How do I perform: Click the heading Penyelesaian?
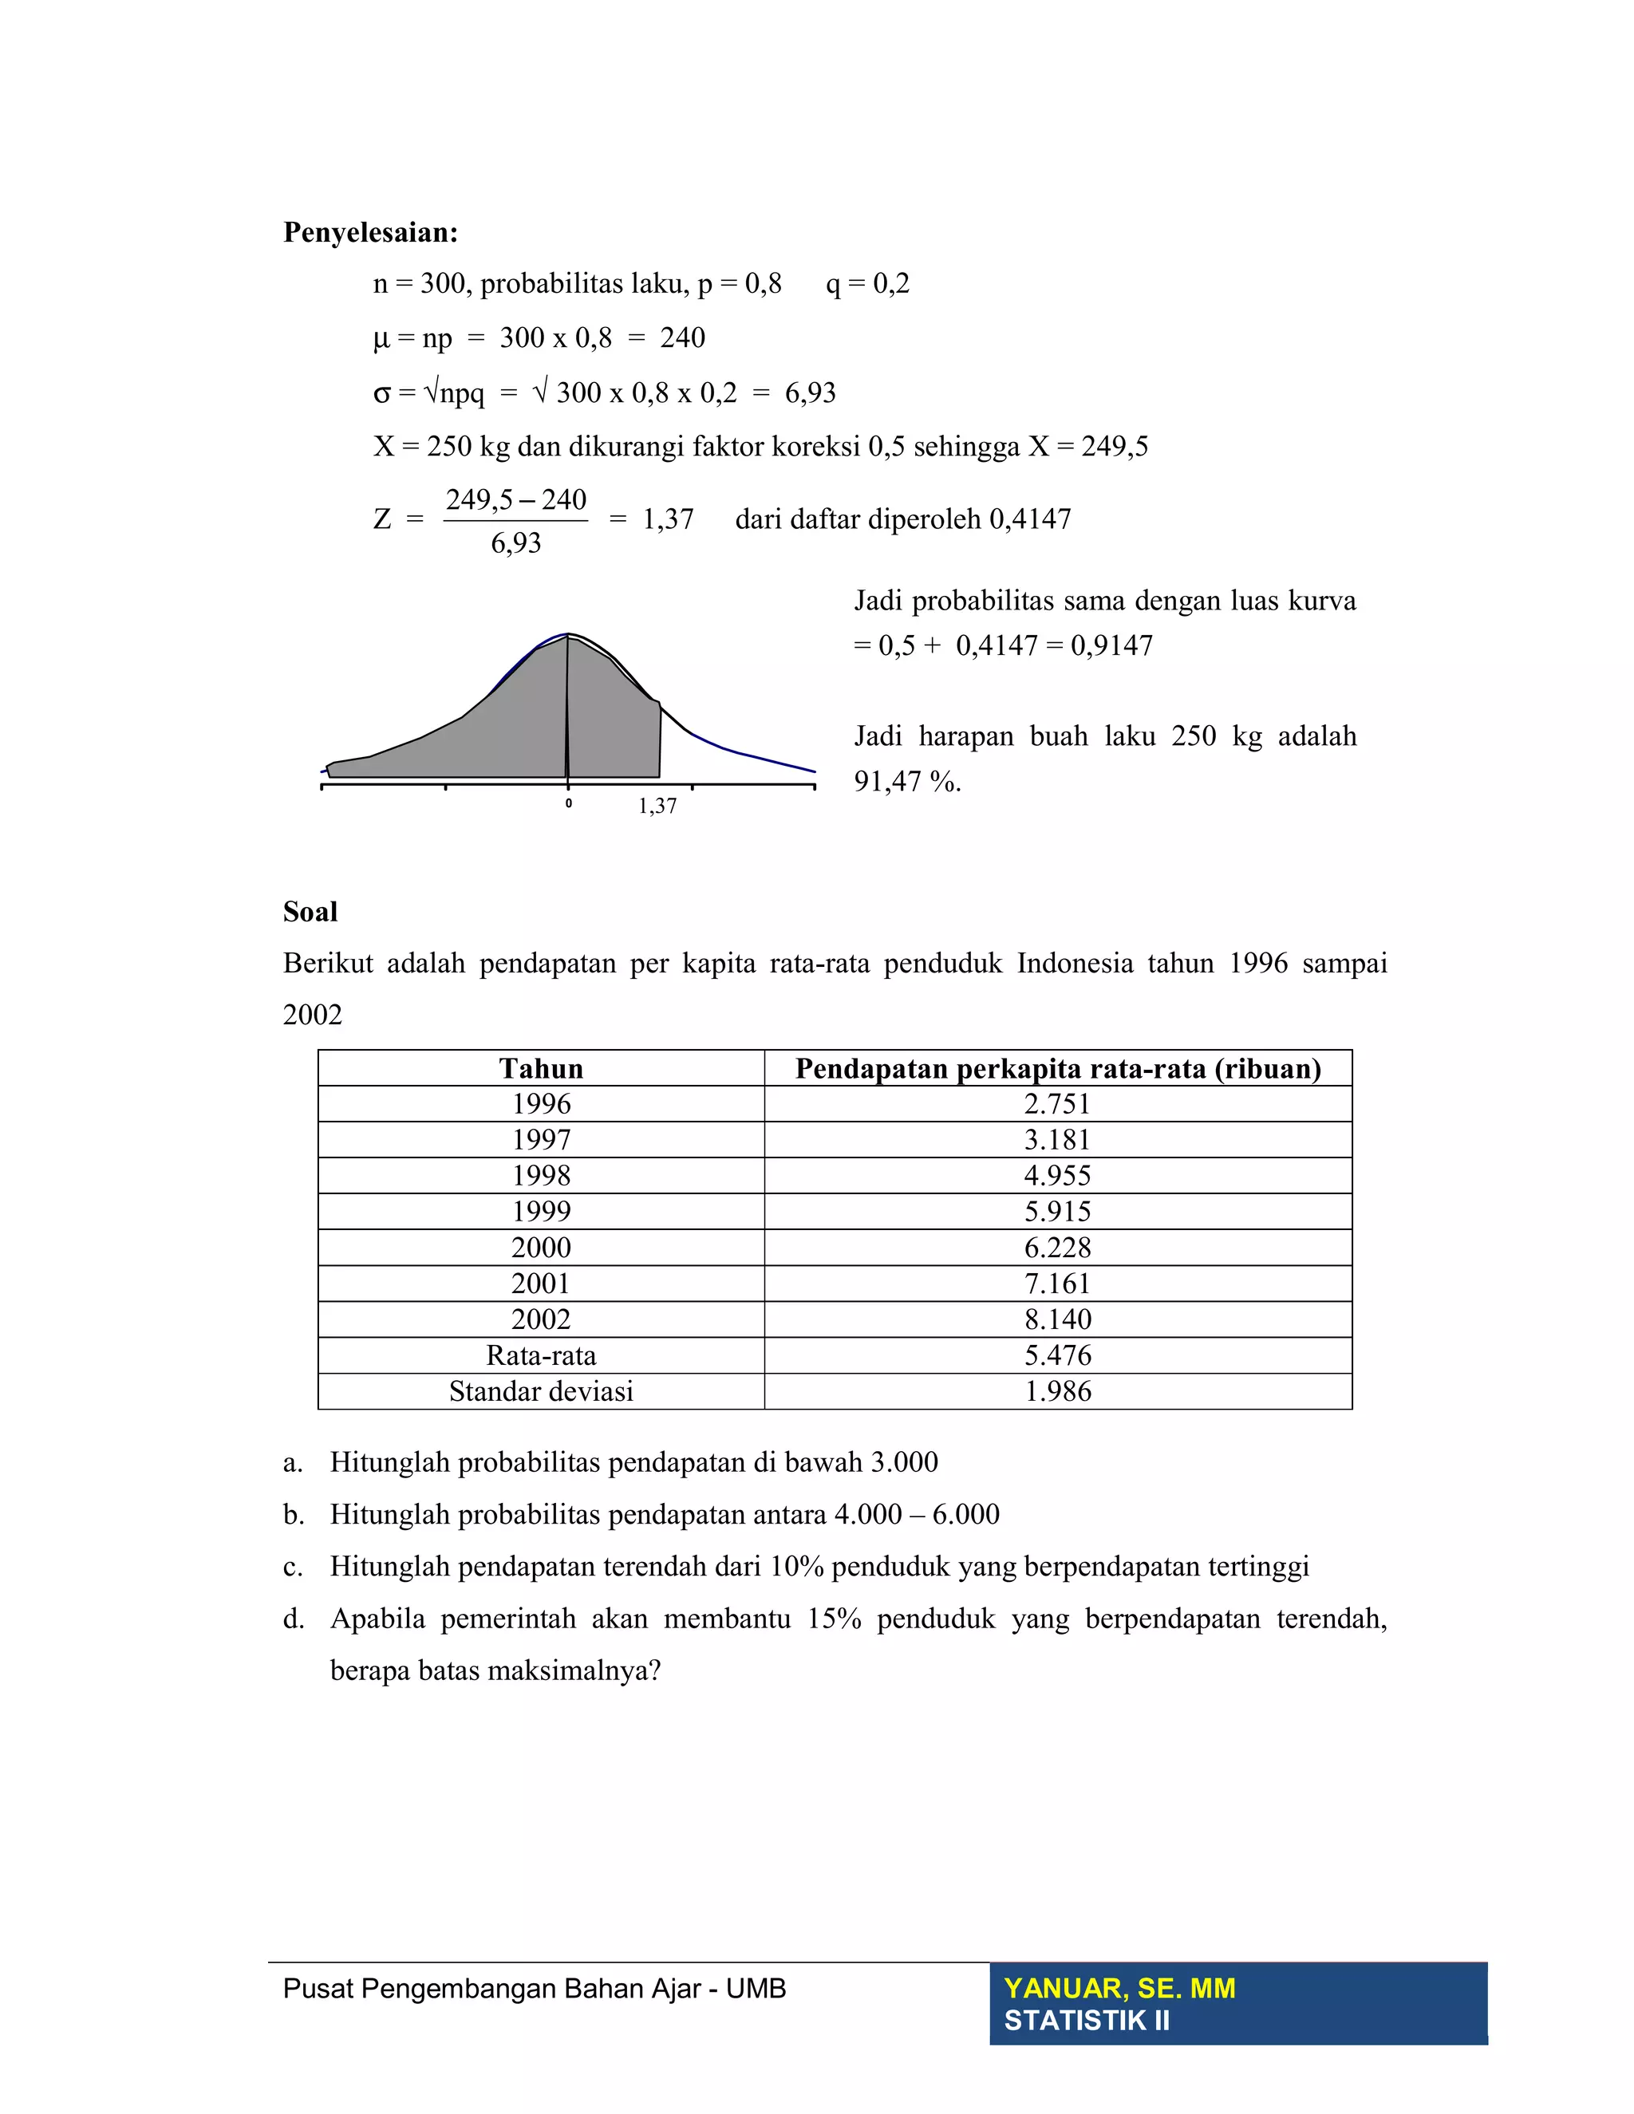[x=369, y=232]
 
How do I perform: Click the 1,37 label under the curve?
[x=657, y=807]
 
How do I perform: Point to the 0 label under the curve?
[x=568, y=803]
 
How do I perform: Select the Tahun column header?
[x=541, y=1069]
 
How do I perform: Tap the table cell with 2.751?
[x=1057, y=1104]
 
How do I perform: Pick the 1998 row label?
[x=541, y=1176]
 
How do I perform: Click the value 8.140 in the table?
[x=1057, y=1319]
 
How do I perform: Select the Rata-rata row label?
[x=541, y=1355]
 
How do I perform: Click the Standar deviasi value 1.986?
[x=1057, y=1392]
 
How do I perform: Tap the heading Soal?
[x=310, y=912]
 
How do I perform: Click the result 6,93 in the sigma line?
[x=811, y=393]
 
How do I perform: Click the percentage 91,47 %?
[x=907, y=781]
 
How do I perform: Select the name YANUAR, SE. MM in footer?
[x=1119, y=1988]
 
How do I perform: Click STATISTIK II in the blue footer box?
[x=1086, y=2021]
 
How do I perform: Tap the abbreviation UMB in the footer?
[x=756, y=1989]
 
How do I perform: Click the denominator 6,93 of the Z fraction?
[x=516, y=544]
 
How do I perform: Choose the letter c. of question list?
[x=292, y=1567]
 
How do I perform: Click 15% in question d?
[x=835, y=1619]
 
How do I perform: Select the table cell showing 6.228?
[x=1057, y=1248]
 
